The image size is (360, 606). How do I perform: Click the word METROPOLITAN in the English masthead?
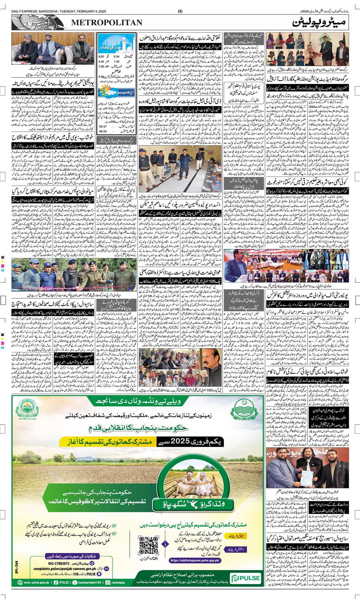click(x=107, y=23)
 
